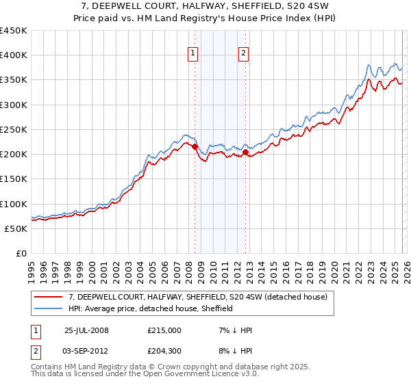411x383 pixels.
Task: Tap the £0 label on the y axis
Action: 21,254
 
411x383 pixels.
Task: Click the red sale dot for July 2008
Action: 195,146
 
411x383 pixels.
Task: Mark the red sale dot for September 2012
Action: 245,152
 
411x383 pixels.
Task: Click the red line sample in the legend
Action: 49,297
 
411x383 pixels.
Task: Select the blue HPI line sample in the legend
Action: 49,308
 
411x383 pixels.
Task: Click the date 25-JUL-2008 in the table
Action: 86,330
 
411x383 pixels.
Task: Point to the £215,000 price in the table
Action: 164,330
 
